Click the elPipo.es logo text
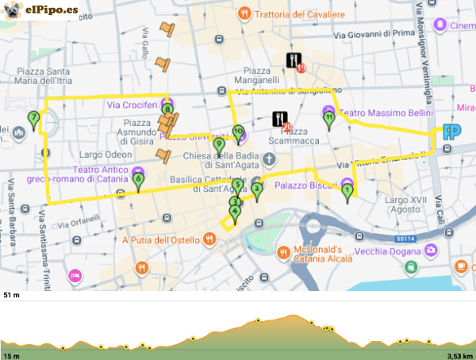[x=52, y=10]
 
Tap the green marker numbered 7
[x=33, y=119]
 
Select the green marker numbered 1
[x=347, y=190]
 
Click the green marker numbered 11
[x=329, y=119]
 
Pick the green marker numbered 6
[x=139, y=181]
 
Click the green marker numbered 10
[x=237, y=132]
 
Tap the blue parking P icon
[x=452, y=132]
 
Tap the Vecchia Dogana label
[x=389, y=251]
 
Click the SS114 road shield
[x=405, y=237]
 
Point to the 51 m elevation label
[x=11, y=295]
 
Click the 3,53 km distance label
[x=459, y=355]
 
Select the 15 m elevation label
[x=11, y=355]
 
